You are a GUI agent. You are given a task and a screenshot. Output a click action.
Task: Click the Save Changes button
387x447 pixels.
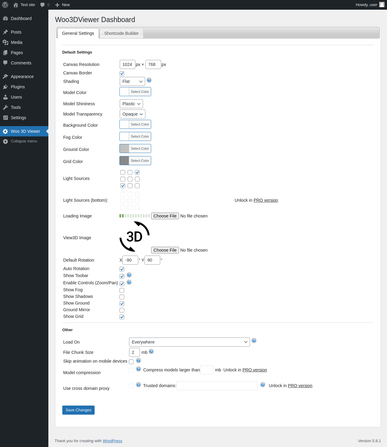(x=78, y=410)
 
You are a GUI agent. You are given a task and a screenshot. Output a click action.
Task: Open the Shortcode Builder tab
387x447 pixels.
(x=121, y=33)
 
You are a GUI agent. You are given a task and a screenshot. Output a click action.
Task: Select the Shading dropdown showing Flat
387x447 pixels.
(x=132, y=81)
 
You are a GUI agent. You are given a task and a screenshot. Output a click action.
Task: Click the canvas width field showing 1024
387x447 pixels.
(x=127, y=64)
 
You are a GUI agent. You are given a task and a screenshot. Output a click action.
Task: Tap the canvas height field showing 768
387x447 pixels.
(x=153, y=64)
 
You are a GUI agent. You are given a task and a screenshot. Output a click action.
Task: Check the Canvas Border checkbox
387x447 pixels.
(x=122, y=73)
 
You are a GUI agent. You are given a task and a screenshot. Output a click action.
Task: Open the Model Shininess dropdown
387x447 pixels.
(x=131, y=104)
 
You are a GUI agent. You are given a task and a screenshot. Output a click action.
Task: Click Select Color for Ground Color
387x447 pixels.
(x=140, y=148)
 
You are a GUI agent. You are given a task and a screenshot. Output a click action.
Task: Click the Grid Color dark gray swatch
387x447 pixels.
(x=124, y=161)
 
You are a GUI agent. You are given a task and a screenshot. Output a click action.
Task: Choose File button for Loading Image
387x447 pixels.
(x=165, y=216)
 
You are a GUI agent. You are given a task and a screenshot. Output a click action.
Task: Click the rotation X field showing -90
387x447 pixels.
(x=130, y=260)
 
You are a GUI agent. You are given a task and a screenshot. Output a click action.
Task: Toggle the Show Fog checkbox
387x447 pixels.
(x=122, y=290)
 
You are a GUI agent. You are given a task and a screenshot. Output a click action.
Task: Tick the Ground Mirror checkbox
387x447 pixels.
(x=122, y=310)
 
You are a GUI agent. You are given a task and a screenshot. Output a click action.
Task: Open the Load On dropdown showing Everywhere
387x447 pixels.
(x=189, y=342)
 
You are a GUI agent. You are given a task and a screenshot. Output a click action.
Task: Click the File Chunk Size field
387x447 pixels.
(x=135, y=352)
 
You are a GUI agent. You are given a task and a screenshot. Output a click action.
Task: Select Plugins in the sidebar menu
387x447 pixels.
(x=18, y=87)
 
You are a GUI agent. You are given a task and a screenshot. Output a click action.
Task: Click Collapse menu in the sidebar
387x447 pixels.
(x=24, y=141)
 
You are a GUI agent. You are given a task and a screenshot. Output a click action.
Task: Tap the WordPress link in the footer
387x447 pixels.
(x=112, y=441)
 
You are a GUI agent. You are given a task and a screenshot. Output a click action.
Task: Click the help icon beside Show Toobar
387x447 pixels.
(x=129, y=275)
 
